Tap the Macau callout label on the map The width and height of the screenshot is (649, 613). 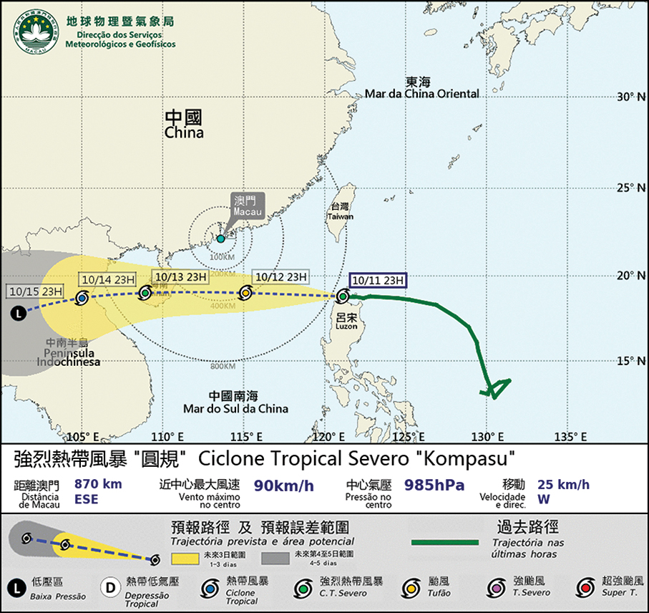[248, 205]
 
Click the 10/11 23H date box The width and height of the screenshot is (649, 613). [378, 280]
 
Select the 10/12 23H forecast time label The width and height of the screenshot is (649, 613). [280, 276]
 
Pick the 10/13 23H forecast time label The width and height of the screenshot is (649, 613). [180, 276]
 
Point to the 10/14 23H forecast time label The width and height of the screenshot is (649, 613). [106, 279]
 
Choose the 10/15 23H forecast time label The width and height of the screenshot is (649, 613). [36, 291]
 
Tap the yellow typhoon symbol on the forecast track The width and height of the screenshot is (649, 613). [245, 292]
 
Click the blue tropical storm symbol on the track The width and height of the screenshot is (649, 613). [82, 298]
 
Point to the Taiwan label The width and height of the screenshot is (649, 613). [341, 211]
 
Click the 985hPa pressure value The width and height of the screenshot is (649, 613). [435, 485]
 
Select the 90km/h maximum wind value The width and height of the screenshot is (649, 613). [284, 486]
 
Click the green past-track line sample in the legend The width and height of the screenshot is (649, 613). [444, 542]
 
